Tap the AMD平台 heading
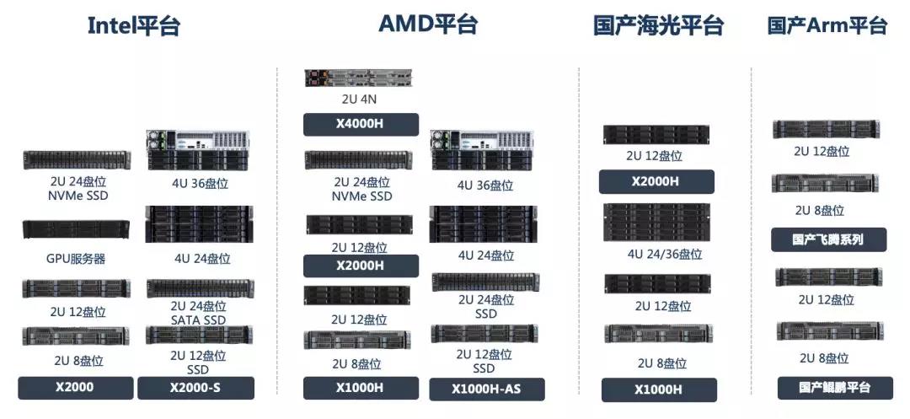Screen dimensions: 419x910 coord(428,24)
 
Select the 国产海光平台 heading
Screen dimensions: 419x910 coord(658,25)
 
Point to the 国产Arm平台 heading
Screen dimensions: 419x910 coord(827,25)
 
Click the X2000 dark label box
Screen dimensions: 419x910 coord(76,388)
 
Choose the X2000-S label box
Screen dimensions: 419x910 coord(195,388)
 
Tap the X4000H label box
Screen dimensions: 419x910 coord(361,125)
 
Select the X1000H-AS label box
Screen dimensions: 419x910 coord(487,389)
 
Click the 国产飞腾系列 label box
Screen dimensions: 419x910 coord(828,239)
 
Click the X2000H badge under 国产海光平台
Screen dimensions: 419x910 coord(656,181)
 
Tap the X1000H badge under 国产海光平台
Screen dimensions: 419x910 coord(659,389)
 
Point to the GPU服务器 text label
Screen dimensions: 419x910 coord(76,259)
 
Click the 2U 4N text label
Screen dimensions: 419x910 coord(361,99)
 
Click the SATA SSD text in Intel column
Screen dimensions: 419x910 coord(198,320)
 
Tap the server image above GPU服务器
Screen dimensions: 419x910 coord(76,229)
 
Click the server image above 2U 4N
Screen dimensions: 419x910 coord(361,78)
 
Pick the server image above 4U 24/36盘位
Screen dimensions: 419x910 coord(657,222)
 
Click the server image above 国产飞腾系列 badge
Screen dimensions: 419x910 coord(825,183)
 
